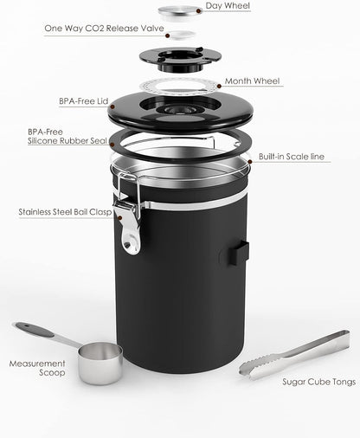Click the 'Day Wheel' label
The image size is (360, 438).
click(x=229, y=7)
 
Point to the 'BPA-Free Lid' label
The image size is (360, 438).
click(x=80, y=101)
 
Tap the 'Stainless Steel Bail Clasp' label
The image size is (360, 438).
click(x=67, y=211)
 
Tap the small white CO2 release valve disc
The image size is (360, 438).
click(x=179, y=34)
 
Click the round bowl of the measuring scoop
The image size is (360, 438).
click(x=99, y=364)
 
